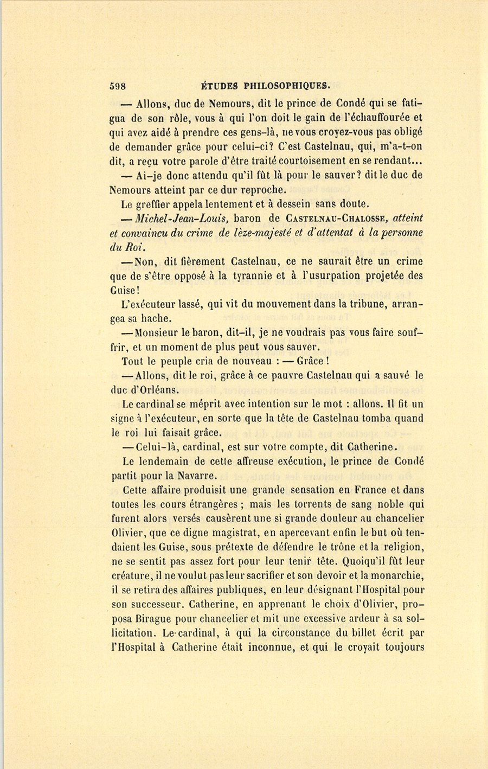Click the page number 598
(x=117, y=85)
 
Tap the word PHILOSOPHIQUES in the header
(x=286, y=85)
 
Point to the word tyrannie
(x=258, y=275)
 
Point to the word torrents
(x=301, y=504)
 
